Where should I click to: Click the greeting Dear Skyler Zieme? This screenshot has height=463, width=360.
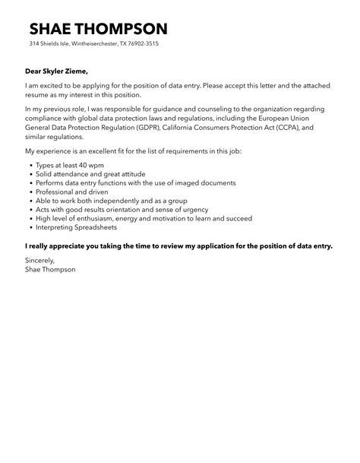(x=60, y=72)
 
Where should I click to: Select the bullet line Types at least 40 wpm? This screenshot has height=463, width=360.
(x=71, y=164)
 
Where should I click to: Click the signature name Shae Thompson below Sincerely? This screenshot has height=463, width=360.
(x=50, y=270)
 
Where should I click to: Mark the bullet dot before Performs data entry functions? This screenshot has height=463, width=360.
(x=29, y=183)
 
